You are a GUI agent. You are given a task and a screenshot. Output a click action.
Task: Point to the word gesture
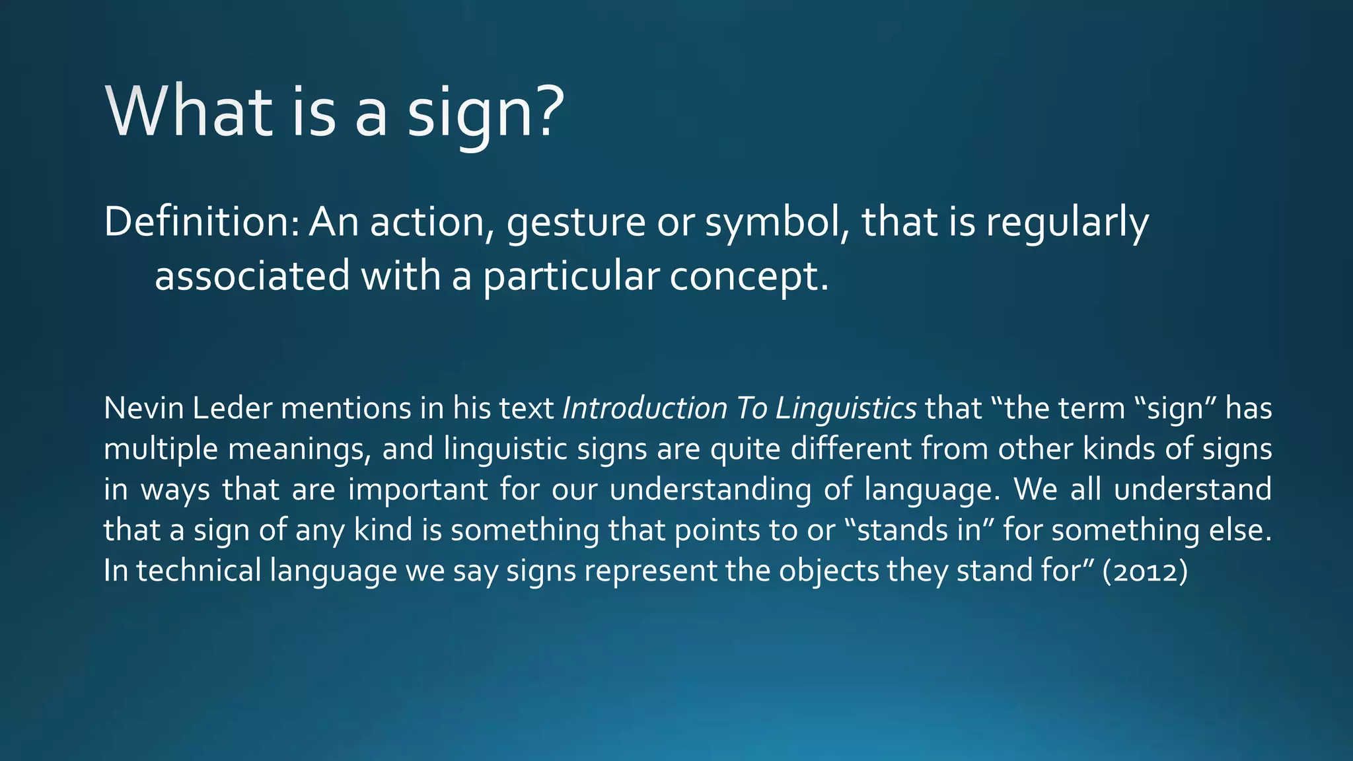pos(575,223)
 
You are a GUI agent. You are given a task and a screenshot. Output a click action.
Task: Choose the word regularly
pos(1067,223)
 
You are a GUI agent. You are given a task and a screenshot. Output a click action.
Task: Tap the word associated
pos(252,275)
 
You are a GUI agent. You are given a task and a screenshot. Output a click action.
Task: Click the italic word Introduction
pos(644,408)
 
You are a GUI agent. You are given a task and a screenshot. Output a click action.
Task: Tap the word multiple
pos(161,450)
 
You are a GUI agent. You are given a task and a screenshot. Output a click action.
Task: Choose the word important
pos(418,490)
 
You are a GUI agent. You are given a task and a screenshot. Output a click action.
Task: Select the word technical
pos(199,571)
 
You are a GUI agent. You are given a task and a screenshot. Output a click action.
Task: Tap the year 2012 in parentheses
pos(1145,571)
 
